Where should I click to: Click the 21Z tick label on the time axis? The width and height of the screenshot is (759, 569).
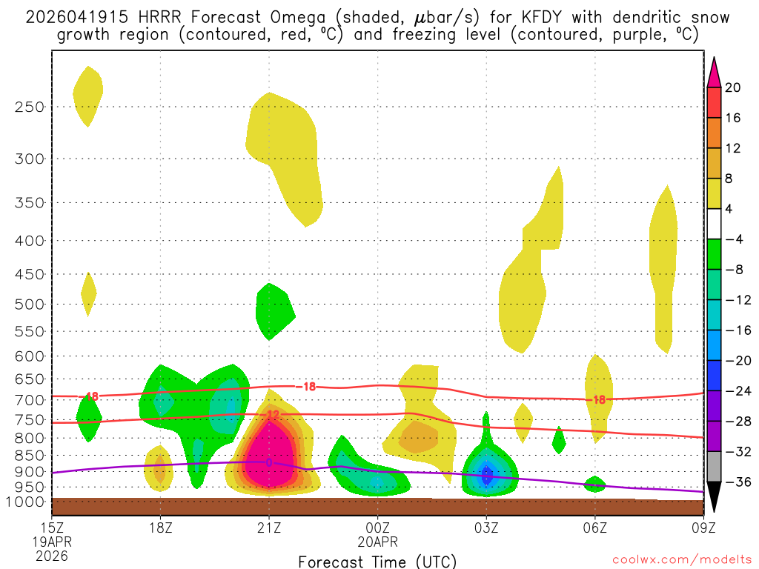point(269,528)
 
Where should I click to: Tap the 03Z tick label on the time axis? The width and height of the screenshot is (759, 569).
point(486,528)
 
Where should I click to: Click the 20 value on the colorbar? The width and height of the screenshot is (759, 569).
point(733,87)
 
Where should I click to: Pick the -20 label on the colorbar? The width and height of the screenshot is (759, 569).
point(736,361)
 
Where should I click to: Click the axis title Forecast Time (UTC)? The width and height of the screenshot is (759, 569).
point(377,561)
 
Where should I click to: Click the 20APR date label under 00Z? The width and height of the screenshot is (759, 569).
point(377,542)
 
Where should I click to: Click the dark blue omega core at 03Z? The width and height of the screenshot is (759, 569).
point(486,475)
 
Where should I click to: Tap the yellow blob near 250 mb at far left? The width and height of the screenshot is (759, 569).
point(88,93)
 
